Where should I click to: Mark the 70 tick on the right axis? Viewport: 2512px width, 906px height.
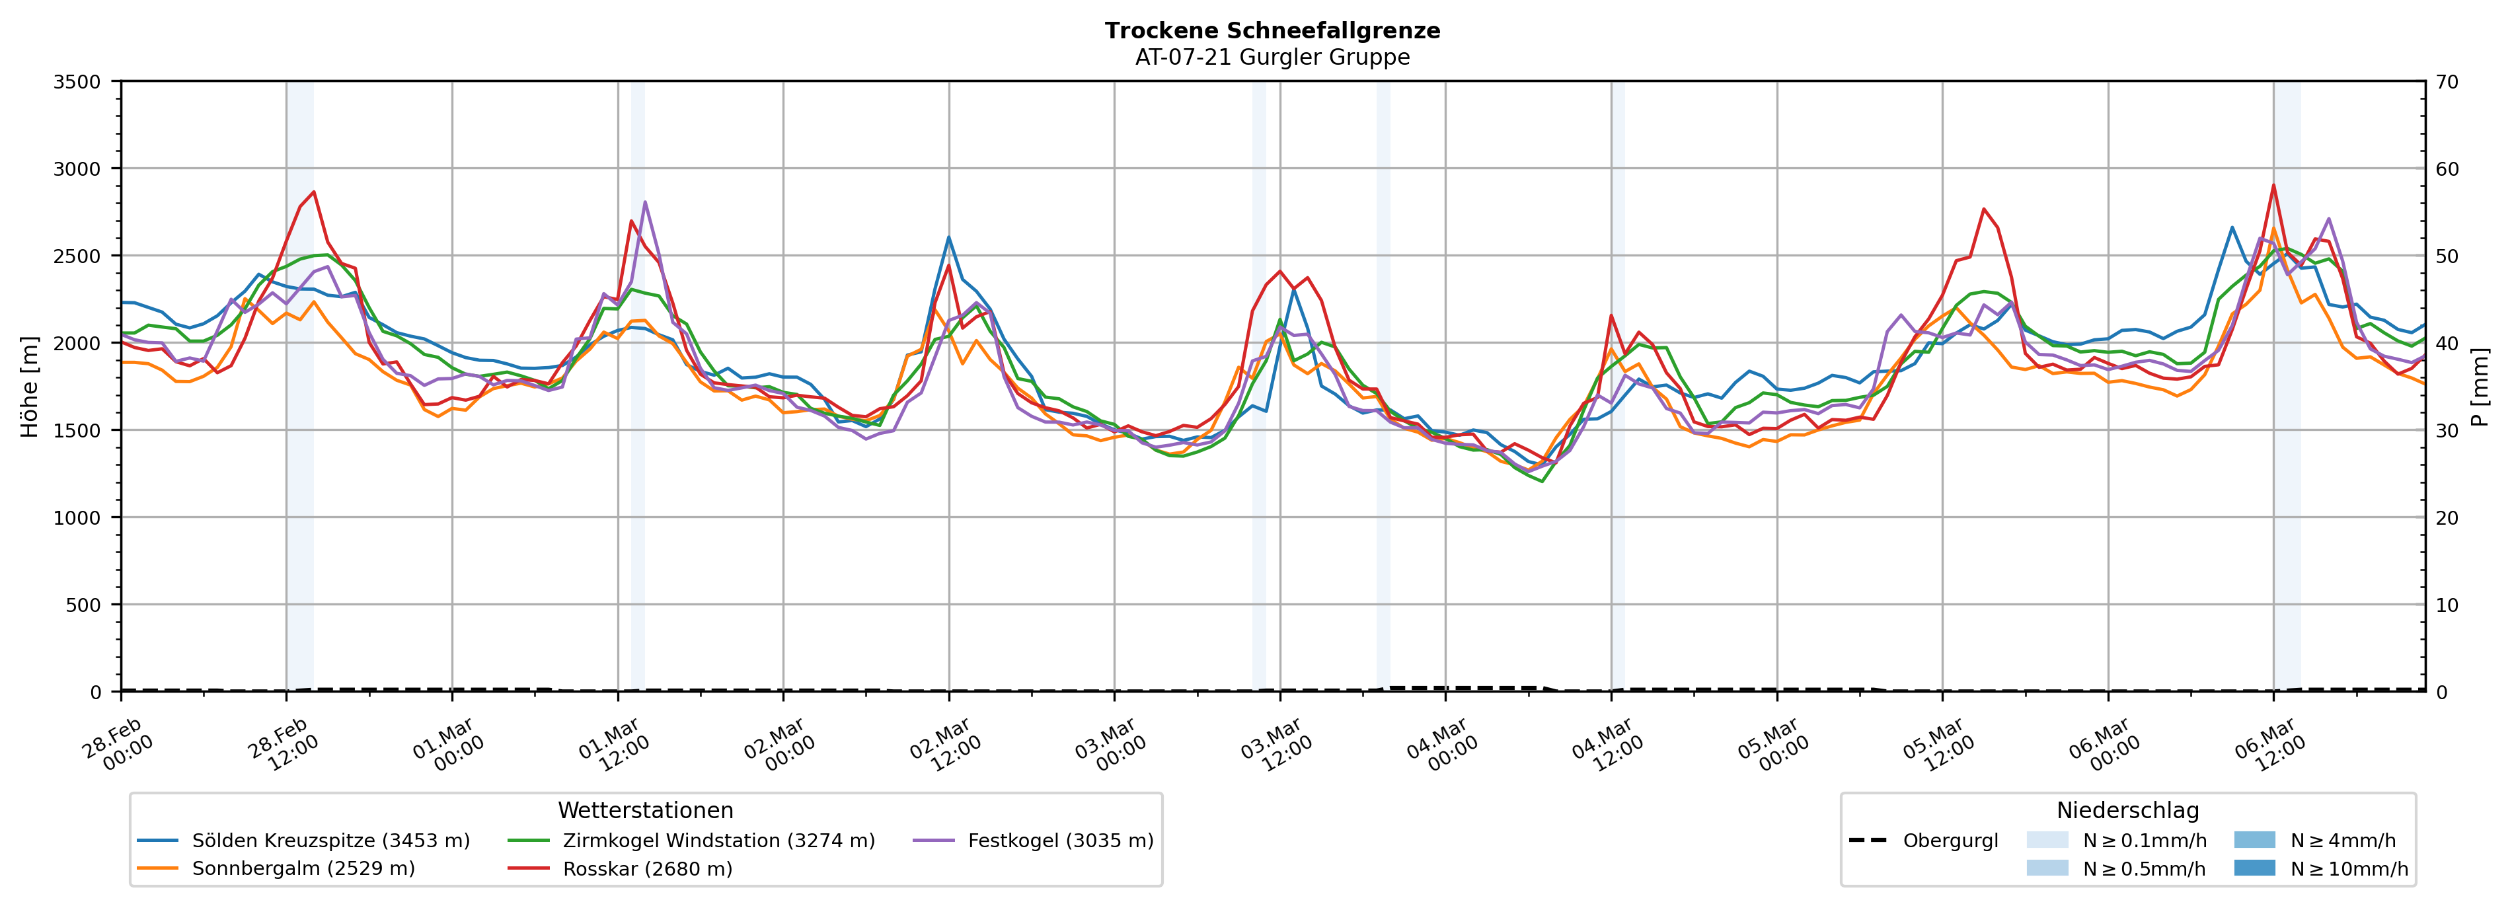point(2447,82)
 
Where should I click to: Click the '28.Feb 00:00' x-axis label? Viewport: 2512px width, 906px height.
point(119,746)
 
